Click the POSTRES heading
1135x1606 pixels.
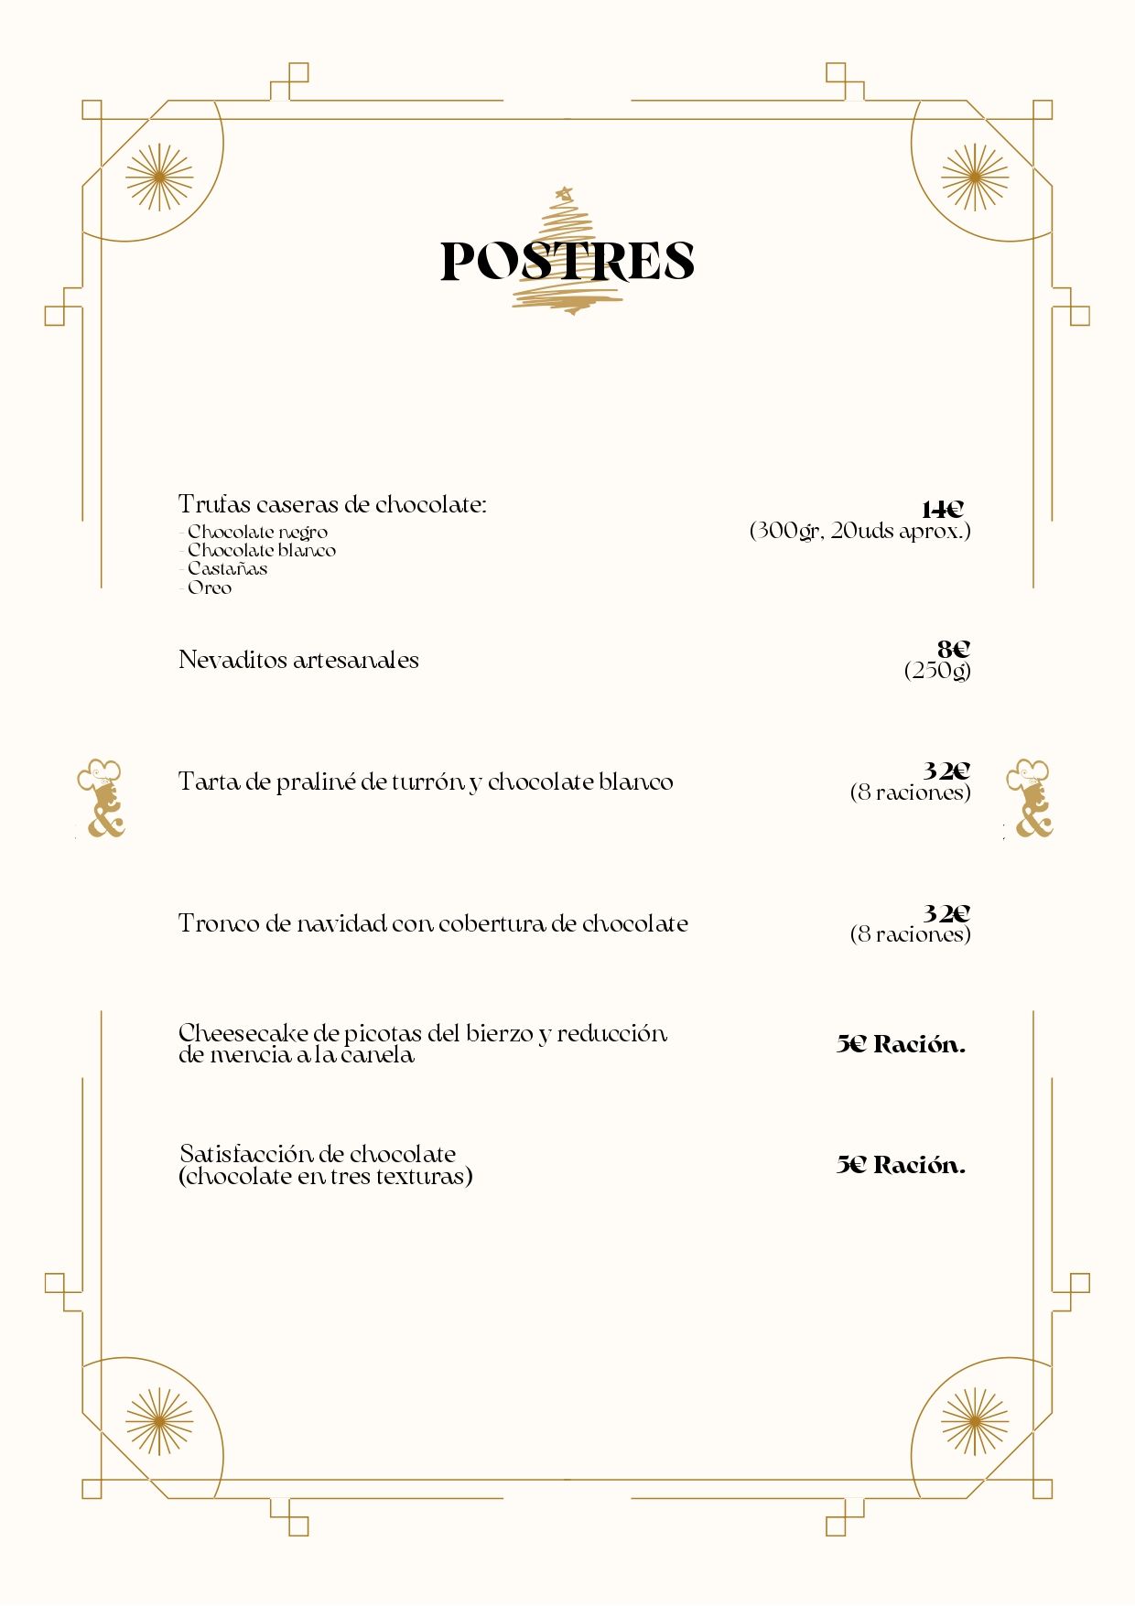pyautogui.click(x=567, y=261)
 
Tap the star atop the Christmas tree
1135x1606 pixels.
pyautogui.click(x=565, y=193)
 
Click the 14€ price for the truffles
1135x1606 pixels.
pyautogui.click(x=943, y=510)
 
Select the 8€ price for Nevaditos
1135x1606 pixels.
pyautogui.click(x=953, y=650)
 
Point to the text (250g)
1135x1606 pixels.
pyautogui.click(x=937, y=671)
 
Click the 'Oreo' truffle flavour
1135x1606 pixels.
pyautogui.click(x=209, y=587)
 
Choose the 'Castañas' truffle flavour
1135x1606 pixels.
pyautogui.click(x=227, y=568)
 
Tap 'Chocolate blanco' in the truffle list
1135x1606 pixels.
pyautogui.click(x=261, y=550)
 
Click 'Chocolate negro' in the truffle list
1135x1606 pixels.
pyautogui.click(x=257, y=532)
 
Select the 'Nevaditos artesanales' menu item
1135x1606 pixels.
pyautogui.click(x=298, y=660)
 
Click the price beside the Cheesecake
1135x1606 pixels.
pyautogui.click(x=901, y=1044)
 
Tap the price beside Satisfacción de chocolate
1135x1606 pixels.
pyautogui.click(x=901, y=1165)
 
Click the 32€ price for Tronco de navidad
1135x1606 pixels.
pyautogui.click(x=946, y=913)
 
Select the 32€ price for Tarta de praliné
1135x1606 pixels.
pyautogui.click(x=946, y=771)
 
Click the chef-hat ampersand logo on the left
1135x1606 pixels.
pyautogui.click(x=102, y=798)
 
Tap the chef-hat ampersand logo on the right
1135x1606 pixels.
pyautogui.click(x=1030, y=798)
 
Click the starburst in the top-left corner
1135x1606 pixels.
pyautogui.click(x=159, y=177)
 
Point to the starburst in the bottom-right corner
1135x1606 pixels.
pyautogui.click(x=974, y=1421)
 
